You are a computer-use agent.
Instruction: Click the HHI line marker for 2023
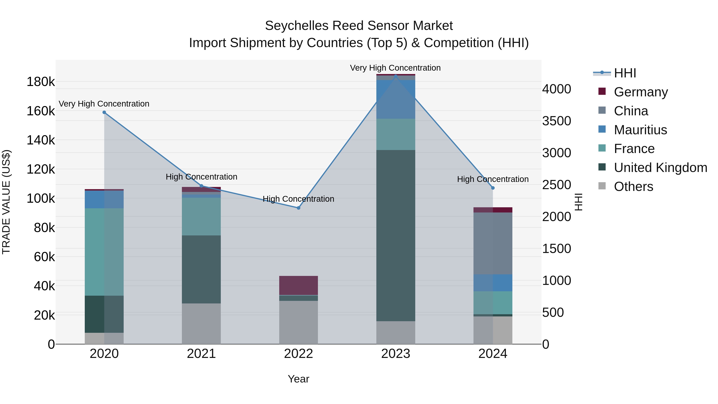pos(395,76)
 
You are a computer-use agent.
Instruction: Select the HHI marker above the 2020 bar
pos(104,112)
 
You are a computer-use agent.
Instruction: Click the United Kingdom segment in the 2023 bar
pos(395,236)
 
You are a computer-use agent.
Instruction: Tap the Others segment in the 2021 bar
pos(201,323)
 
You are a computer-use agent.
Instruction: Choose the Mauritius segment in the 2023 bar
pos(395,99)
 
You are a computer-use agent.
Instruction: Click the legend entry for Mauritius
pos(640,130)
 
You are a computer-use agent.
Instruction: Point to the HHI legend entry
pos(625,73)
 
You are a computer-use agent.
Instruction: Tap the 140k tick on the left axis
pos(41,140)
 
